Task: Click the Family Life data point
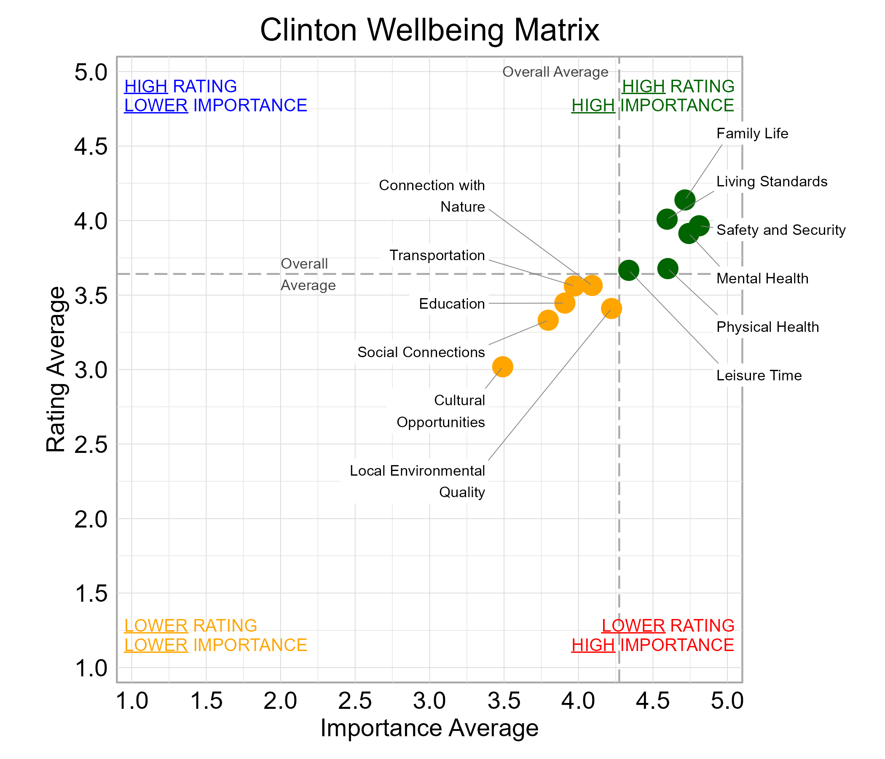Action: (x=685, y=199)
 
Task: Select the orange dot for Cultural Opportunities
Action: (x=502, y=367)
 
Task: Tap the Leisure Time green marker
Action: (x=628, y=270)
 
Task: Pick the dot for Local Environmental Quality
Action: (x=611, y=308)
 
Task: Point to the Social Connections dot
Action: (x=548, y=320)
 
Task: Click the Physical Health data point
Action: (x=668, y=269)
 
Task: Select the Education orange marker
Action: (x=565, y=303)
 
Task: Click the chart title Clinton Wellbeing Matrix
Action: (x=429, y=30)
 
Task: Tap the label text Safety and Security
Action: (x=781, y=230)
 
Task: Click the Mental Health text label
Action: (x=762, y=279)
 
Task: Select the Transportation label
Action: (x=437, y=256)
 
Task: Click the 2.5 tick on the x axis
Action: (x=355, y=702)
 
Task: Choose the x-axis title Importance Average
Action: (x=429, y=728)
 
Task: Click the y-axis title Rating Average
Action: (x=56, y=369)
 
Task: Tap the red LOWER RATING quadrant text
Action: (x=668, y=626)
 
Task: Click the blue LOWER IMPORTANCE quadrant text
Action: (x=215, y=105)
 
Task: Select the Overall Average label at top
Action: (x=555, y=72)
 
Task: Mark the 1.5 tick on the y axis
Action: (x=91, y=594)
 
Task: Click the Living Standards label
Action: (x=772, y=182)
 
